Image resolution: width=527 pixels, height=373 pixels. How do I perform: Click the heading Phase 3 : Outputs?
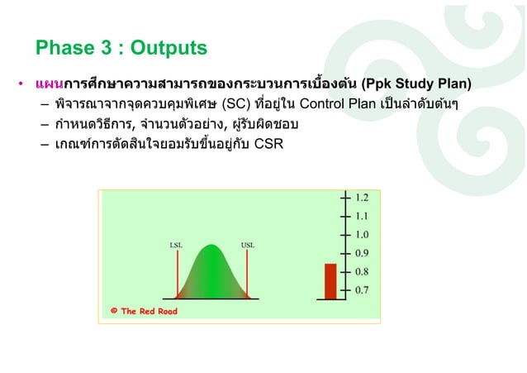coord(121,48)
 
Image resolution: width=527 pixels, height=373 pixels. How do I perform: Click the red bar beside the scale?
coord(330,282)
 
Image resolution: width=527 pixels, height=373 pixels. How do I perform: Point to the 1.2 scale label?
coord(362,198)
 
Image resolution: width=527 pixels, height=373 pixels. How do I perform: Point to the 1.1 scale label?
coord(362,216)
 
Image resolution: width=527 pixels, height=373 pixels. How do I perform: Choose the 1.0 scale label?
coord(362,235)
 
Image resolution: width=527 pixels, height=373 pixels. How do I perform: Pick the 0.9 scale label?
coord(362,253)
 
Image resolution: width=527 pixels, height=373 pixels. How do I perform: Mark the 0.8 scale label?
coord(362,271)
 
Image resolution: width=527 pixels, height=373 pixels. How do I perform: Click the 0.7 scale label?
coord(362,290)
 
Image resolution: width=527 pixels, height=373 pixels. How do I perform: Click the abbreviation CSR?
coord(268,149)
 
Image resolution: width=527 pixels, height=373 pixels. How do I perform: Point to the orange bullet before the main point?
coord(21,84)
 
